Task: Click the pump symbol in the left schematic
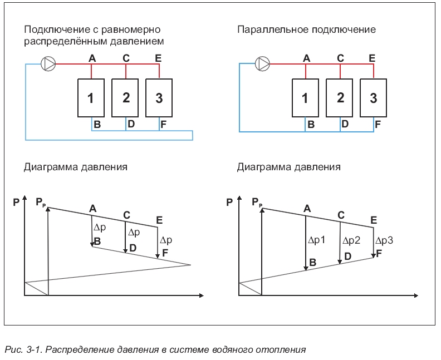(x=49, y=64)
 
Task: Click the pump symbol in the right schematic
(x=262, y=64)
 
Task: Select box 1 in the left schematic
(x=91, y=98)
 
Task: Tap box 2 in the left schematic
(x=126, y=98)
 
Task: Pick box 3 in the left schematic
(x=159, y=98)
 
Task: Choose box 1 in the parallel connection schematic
(x=305, y=98)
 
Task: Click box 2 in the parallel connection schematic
(x=340, y=98)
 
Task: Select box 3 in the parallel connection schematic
(x=373, y=98)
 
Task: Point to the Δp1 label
(x=316, y=240)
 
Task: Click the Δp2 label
(x=351, y=240)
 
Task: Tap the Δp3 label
(x=384, y=240)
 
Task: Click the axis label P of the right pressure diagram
(x=229, y=203)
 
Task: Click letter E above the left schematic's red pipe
(x=158, y=57)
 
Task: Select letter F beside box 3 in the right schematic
(x=377, y=125)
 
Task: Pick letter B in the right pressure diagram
(x=312, y=262)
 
